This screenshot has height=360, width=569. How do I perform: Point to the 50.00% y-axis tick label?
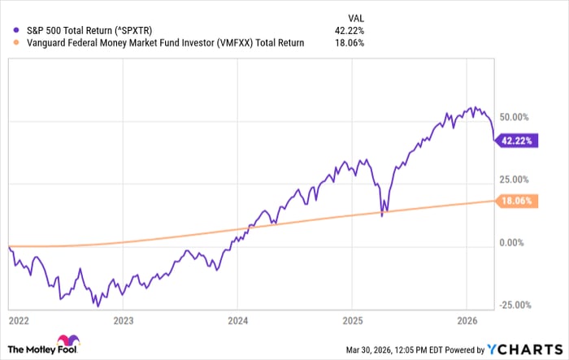(518, 117)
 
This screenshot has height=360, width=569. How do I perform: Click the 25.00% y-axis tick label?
(518, 180)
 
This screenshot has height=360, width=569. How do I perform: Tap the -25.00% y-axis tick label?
(516, 305)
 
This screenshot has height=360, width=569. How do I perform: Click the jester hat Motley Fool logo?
(67, 344)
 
